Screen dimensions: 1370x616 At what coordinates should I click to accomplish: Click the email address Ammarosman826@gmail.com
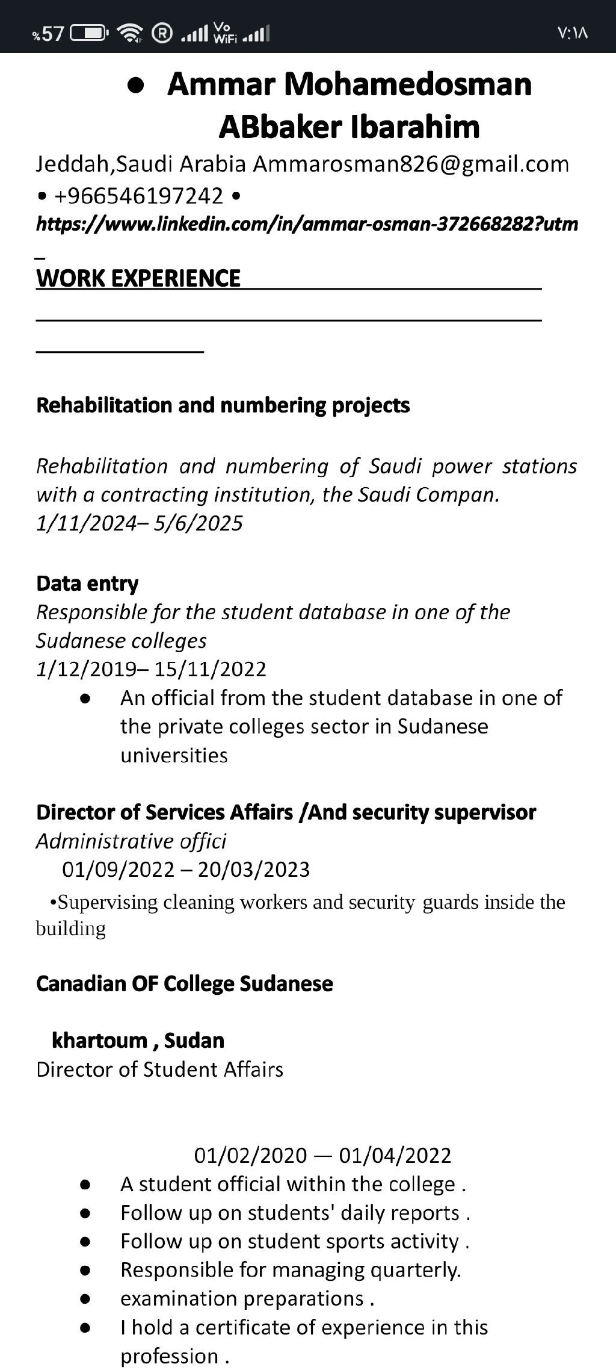click(x=411, y=164)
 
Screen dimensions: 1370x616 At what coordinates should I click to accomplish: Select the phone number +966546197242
click(x=139, y=196)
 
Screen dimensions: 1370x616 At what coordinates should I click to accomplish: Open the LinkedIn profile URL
click(x=307, y=224)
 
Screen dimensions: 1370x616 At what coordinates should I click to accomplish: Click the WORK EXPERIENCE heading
click(x=138, y=278)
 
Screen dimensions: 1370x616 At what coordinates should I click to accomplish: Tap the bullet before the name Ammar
click(x=136, y=86)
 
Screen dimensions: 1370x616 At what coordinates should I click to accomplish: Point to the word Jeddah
click(x=73, y=164)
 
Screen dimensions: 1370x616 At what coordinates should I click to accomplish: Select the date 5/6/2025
click(x=198, y=523)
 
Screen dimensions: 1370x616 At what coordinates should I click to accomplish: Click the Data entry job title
click(x=87, y=583)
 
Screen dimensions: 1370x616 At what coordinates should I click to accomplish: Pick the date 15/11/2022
click(x=210, y=669)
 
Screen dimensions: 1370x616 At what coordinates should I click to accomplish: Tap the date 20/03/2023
click(x=254, y=870)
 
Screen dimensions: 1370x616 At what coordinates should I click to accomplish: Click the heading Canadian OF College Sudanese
click(x=184, y=983)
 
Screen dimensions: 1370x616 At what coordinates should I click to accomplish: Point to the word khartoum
click(x=100, y=1040)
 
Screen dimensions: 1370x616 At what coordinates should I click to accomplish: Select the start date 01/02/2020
click(x=250, y=1155)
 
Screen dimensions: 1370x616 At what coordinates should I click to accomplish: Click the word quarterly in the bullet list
click(x=415, y=1269)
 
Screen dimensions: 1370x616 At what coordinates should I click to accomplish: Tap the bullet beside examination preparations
click(x=85, y=1298)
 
